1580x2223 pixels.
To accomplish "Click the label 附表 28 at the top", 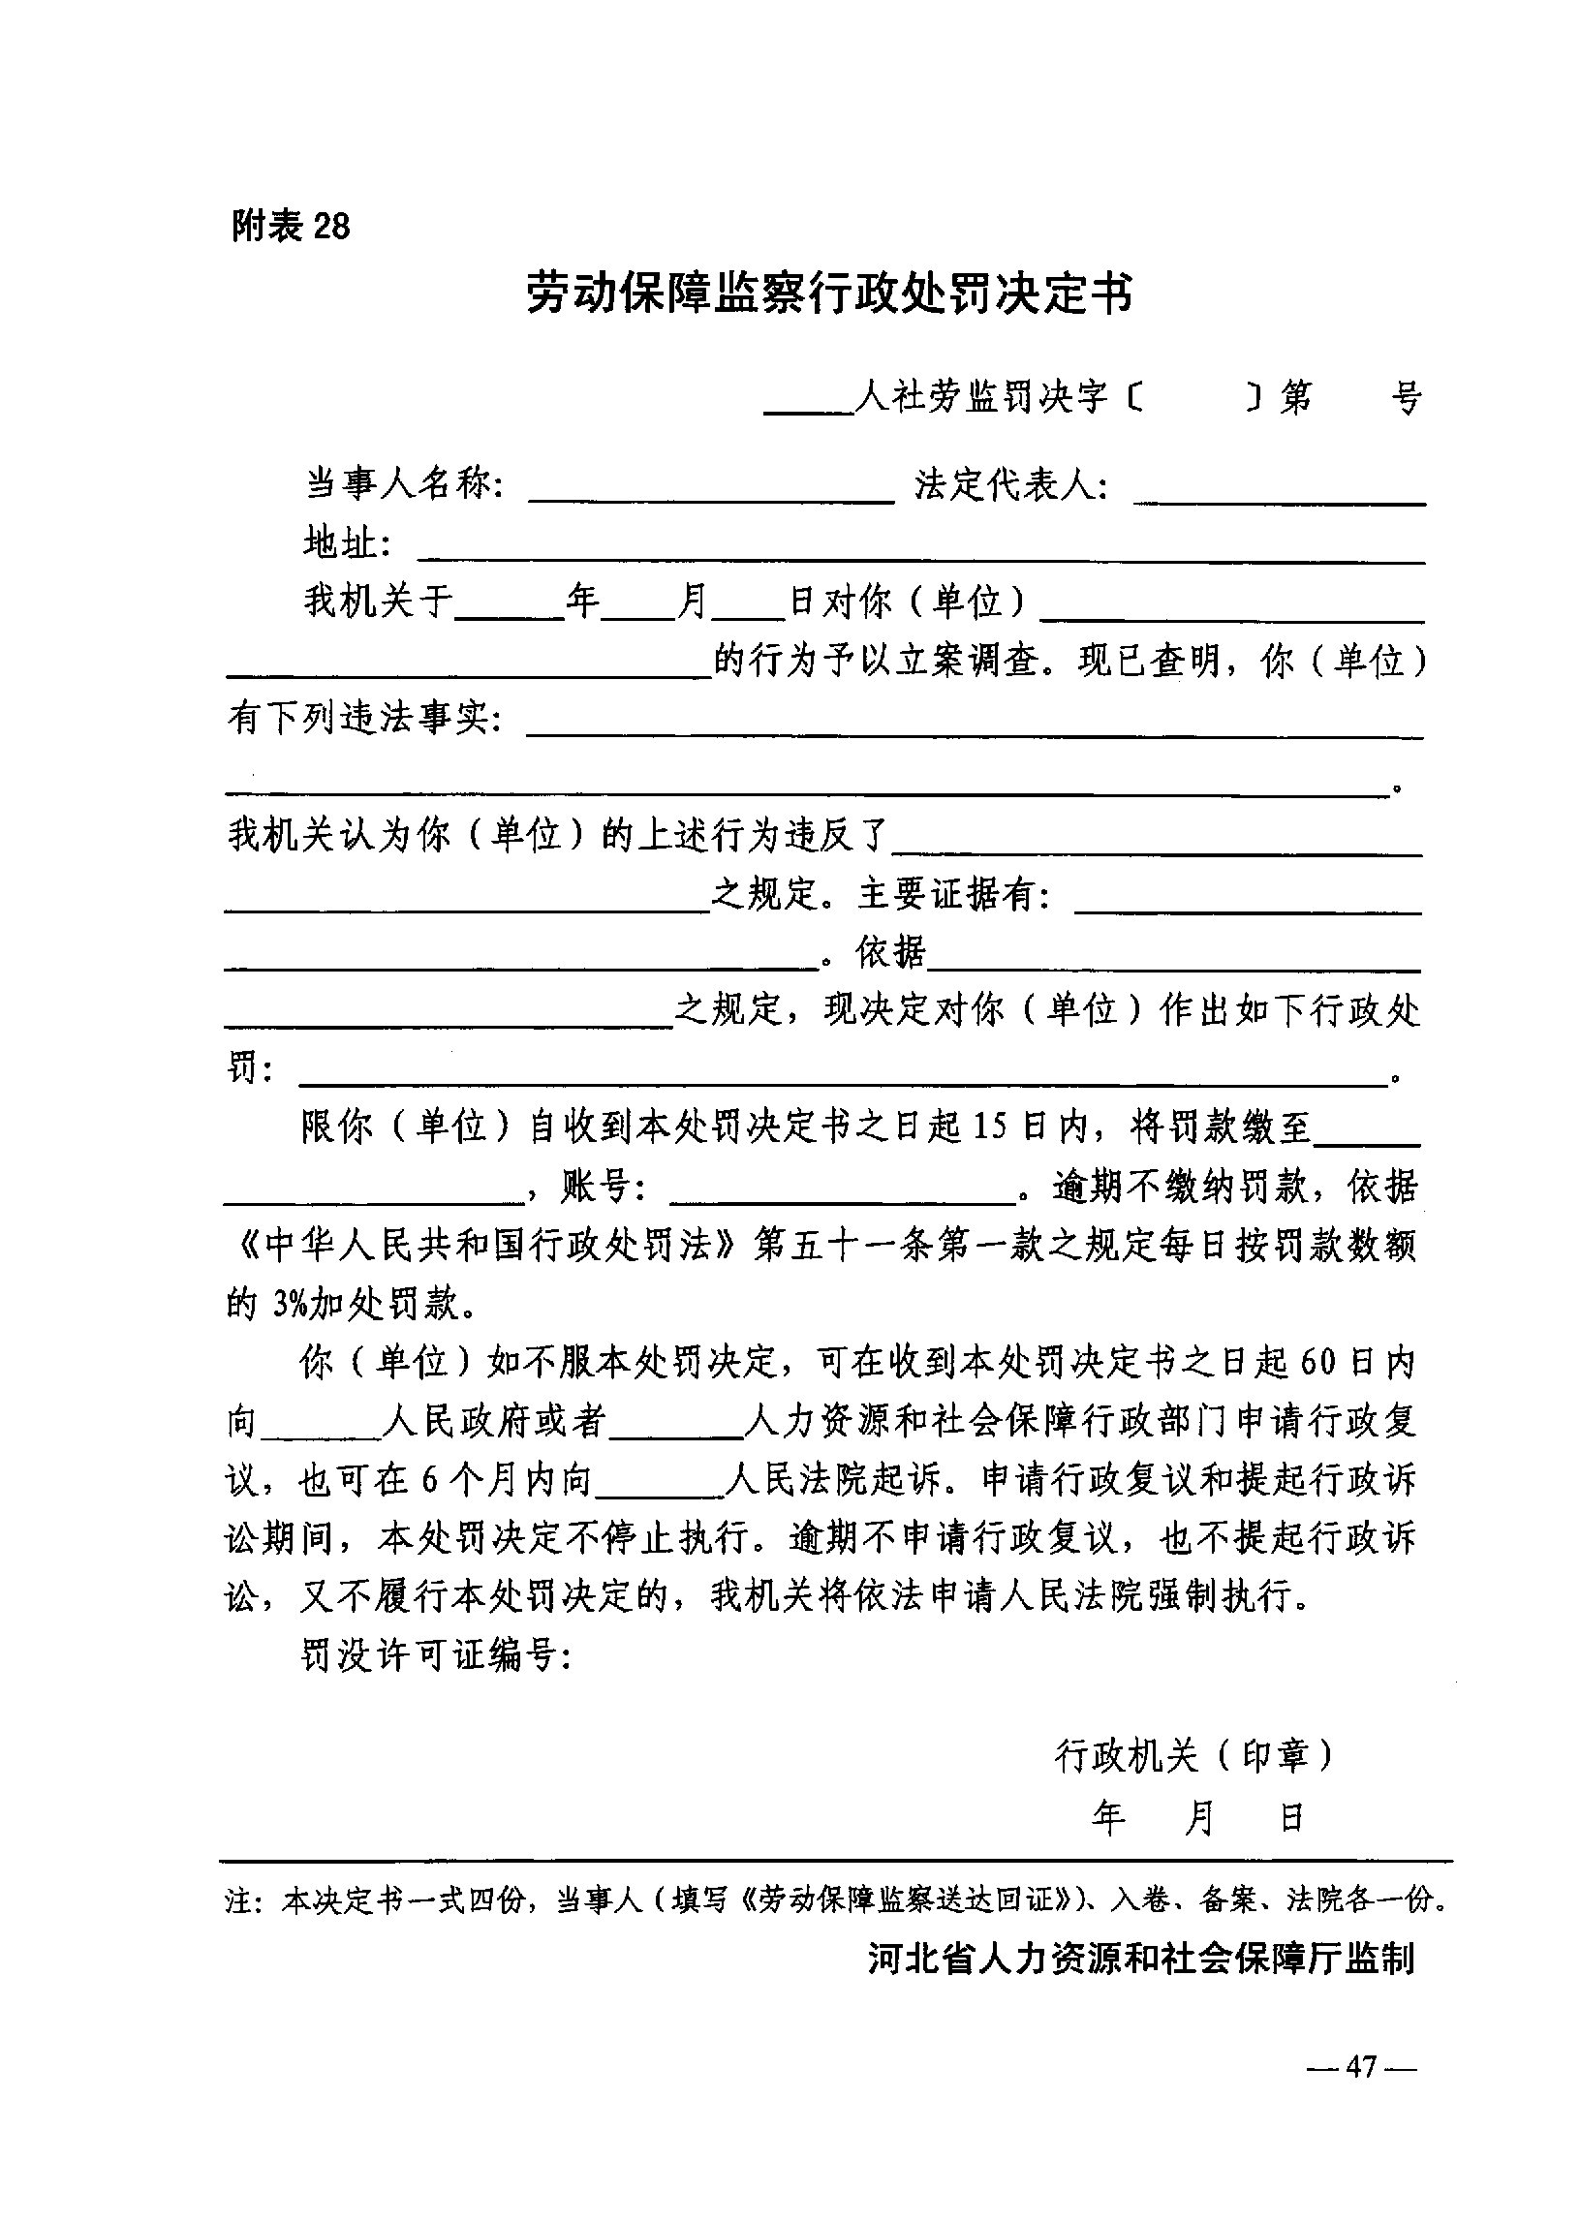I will click(290, 227).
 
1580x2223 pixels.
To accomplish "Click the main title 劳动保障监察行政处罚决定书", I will click(829, 293).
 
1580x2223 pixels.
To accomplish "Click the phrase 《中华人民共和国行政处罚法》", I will click(483, 1247).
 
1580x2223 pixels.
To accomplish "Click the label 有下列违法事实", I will click(364, 719).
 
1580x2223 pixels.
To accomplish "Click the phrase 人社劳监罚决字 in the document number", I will click(982, 397).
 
